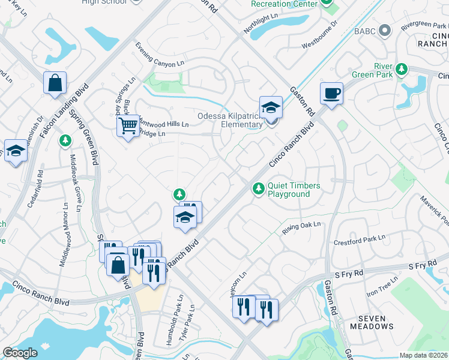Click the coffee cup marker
point(331,94)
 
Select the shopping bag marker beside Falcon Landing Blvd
point(55,83)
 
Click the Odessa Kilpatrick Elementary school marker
point(271,108)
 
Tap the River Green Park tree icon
point(401,70)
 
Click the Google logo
point(20,353)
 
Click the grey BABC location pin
point(387,30)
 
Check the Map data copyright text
point(424,355)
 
